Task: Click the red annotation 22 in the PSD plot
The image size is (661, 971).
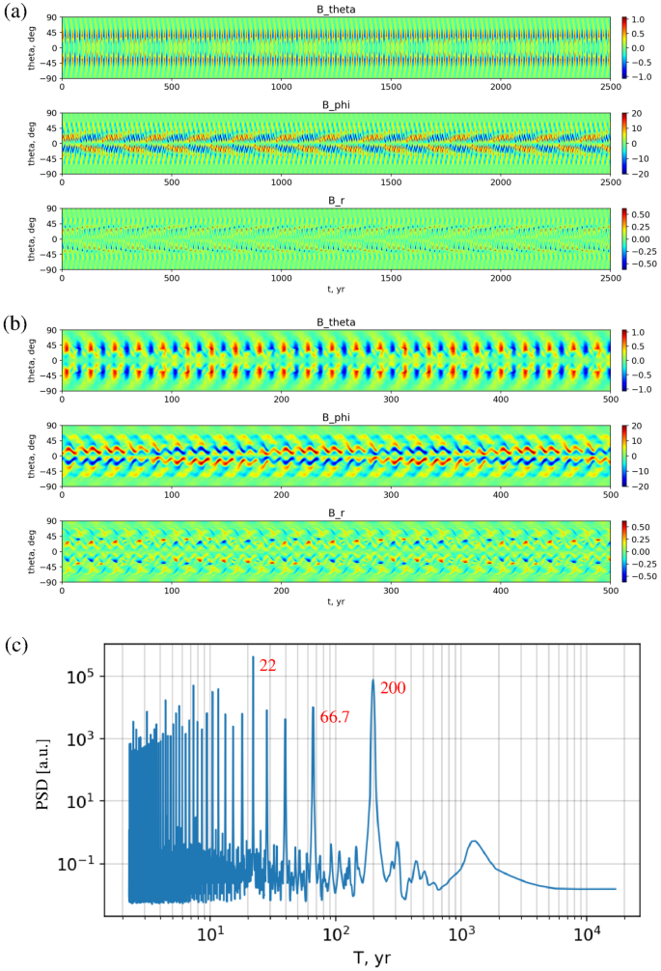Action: pos(268,665)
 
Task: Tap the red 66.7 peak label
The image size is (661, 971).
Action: pos(334,716)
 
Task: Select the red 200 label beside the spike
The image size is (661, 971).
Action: pos(393,688)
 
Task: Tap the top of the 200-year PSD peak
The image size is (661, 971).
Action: pos(373,680)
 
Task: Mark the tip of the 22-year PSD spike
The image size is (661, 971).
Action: pos(253,657)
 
